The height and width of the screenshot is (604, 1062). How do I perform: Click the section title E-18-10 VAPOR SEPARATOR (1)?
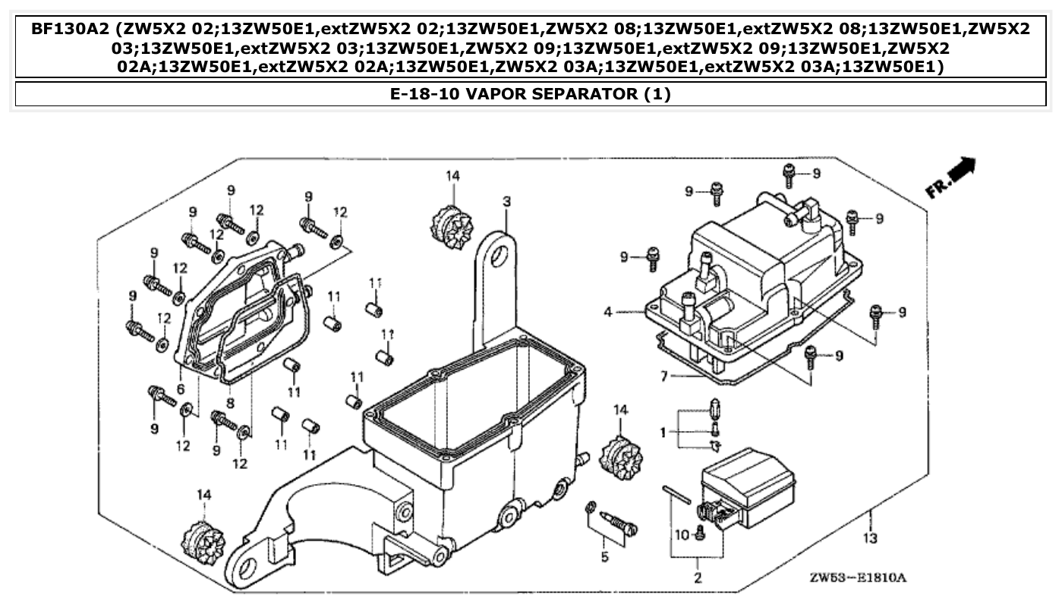click(531, 94)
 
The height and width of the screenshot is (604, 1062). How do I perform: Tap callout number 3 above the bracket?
click(506, 201)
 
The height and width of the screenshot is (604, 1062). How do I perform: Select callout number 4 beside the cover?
click(608, 312)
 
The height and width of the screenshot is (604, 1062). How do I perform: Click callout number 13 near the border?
click(870, 538)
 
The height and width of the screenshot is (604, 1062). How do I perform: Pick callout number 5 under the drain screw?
click(604, 558)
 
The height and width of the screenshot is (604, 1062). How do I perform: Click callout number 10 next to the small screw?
click(681, 536)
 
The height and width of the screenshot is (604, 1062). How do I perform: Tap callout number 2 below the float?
click(698, 578)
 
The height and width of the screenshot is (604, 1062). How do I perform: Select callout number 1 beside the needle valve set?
click(662, 433)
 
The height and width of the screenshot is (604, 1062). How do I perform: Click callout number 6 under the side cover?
click(181, 389)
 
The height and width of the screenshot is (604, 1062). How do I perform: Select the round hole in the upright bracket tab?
click(499, 257)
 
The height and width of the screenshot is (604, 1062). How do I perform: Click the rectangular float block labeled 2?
click(748, 486)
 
